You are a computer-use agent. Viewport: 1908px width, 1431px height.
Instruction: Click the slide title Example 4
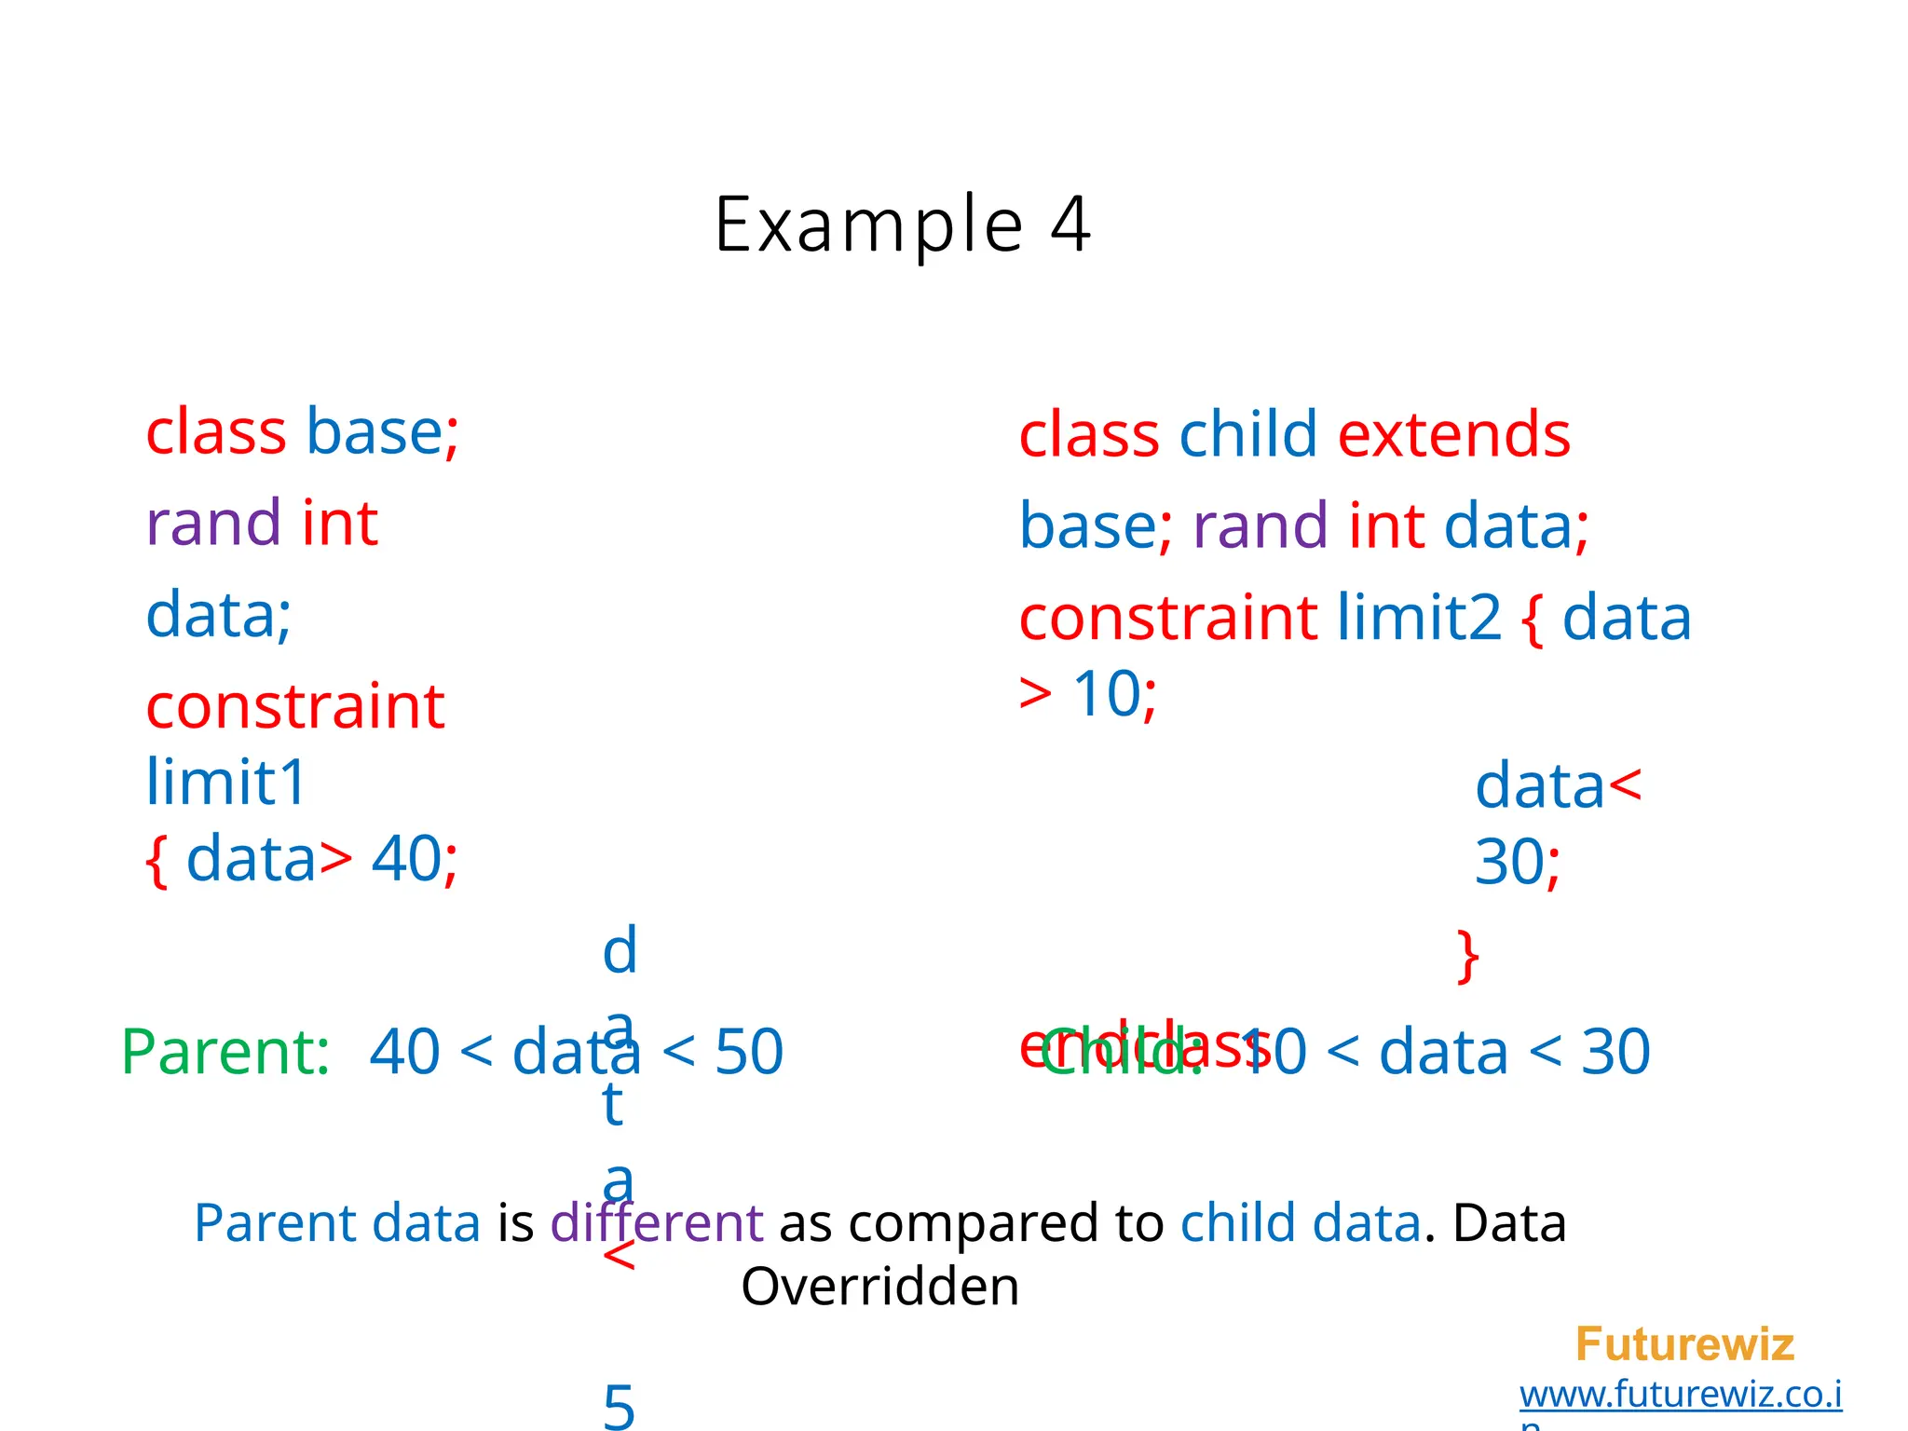[902, 225]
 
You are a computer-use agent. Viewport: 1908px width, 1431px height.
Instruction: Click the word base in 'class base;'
[375, 432]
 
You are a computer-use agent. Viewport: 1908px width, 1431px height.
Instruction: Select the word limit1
[226, 782]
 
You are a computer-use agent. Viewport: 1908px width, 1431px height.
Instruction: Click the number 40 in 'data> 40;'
[406, 859]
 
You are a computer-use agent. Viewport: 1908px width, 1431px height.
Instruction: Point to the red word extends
[1453, 435]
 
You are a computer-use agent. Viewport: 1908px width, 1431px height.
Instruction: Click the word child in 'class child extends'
[1248, 435]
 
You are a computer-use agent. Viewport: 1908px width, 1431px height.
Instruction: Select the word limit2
[1419, 618]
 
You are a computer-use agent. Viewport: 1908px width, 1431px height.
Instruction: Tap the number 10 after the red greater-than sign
[1106, 694]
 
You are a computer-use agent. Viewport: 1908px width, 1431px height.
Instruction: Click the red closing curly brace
[1468, 956]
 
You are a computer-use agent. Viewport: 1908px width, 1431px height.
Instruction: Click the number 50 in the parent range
[749, 1052]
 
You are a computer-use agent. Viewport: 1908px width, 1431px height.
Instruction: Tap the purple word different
[656, 1223]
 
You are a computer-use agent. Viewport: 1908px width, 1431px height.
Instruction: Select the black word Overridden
[879, 1287]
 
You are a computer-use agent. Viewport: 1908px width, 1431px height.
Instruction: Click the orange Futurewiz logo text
[1684, 1344]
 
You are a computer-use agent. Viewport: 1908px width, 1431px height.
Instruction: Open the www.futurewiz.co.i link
[1681, 1395]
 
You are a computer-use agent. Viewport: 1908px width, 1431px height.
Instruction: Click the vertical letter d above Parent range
[620, 951]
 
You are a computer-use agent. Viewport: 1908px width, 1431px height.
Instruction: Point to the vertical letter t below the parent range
[612, 1105]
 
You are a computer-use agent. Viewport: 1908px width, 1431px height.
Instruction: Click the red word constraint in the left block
[295, 706]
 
